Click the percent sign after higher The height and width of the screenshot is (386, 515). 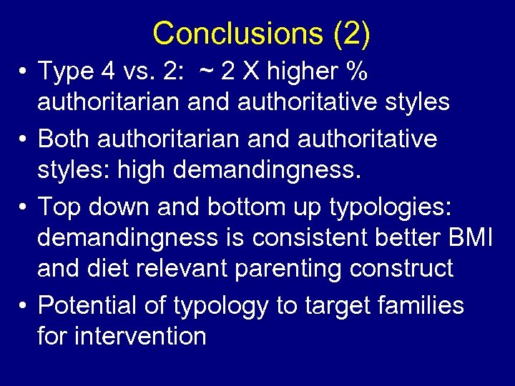click(x=355, y=71)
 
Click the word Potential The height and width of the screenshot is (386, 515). click(x=92, y=306)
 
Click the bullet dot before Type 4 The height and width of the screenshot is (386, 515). click(x=24, y=72)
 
